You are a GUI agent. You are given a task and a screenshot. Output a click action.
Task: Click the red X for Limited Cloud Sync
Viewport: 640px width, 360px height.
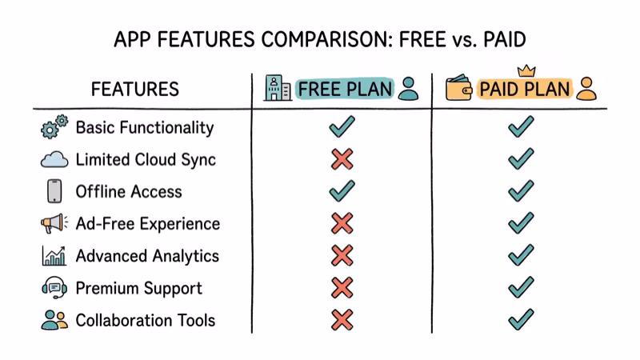pyautogui.click(x=342, y=159)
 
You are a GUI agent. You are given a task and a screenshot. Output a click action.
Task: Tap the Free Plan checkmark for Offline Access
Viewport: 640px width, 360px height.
pyautogui.click(x=342, y=191)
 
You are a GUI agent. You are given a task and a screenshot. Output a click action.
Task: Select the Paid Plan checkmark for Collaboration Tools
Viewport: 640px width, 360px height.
pyautogui.click(x=521, y=320)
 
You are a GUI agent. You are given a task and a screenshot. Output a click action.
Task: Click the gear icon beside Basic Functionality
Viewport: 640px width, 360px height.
pyautogui.click(x=54, y=128)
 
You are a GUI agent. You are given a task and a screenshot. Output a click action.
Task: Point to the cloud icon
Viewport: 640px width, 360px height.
pyautogui.click(x=54, y=160)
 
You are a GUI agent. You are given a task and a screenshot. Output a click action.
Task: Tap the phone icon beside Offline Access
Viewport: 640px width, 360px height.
pyautogui.click(x=54, y=192)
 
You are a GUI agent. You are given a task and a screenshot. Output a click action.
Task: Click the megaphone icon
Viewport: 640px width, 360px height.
pyautogui.click(x=54, y=224)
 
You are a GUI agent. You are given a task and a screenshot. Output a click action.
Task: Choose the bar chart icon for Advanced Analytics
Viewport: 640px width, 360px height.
pyautogui.click(x=54, y=256)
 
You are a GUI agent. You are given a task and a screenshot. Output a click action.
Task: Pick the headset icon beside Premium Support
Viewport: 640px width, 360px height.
pyautogui.click(x=54, y=288)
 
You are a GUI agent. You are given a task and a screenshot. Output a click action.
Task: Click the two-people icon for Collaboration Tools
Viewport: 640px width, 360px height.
pyautogui.click(x=54, y=320)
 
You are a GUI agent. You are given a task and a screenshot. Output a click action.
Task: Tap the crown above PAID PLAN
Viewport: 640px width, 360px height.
pyautogui.click(x=526, y=70)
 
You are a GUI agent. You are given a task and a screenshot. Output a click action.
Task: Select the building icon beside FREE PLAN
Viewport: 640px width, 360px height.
pyautogui.click(x=277, y=88)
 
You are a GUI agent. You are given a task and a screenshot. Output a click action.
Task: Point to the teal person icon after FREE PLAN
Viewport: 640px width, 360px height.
pyautogui.click(x=408, y=88)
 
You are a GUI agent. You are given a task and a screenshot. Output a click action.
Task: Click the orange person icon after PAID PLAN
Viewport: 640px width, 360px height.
pyautogui.click(x=586, y=88)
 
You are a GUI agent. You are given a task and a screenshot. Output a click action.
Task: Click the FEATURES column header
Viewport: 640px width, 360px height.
pyautogui.click(x=134, y=89)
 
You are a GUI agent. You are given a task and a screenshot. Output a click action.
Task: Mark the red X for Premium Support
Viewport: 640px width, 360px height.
pyautogui.click(x=342, y=288)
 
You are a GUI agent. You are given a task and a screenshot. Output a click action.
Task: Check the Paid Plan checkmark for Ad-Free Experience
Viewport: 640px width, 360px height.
pyautogui.click(x=521, y=224)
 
